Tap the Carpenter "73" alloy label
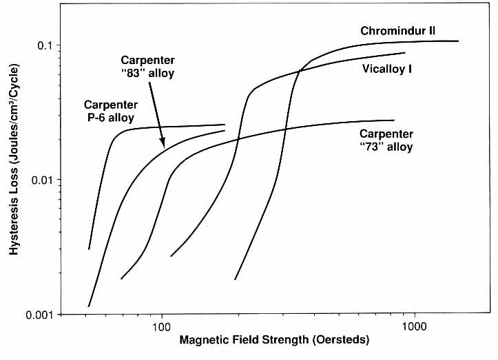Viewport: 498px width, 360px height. tap(386, 140)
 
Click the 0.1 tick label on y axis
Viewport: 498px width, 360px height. tap(45, 45)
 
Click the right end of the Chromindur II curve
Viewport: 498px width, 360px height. tap(458, 41)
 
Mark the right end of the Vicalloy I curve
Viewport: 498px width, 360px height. tap(405, 52)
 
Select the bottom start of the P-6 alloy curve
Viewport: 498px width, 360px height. tap(89, 249)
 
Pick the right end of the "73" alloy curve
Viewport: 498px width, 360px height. tap(394, 120)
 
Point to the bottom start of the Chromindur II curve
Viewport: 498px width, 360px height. tap(235, 279)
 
